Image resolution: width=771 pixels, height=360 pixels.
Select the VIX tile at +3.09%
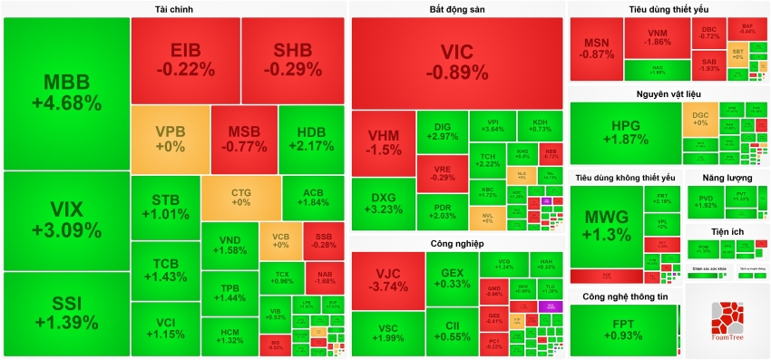click(x=66, y=220)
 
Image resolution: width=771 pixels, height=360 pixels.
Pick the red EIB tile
click(x=185, y=59)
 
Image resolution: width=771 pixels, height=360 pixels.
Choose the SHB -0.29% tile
click(x=293, y=59)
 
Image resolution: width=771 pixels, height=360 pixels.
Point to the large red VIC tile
click(x=457, y=62)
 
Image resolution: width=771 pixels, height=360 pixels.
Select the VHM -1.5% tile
click(x=384, y=143)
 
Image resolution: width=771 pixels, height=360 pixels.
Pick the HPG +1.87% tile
click(x=625, y=133)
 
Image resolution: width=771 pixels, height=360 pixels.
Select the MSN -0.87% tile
click(x=596, y=47)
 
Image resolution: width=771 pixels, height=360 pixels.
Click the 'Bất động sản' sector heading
click(x=456, y=9)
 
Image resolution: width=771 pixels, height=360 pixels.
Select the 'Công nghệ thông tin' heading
click(x=625, y=297)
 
